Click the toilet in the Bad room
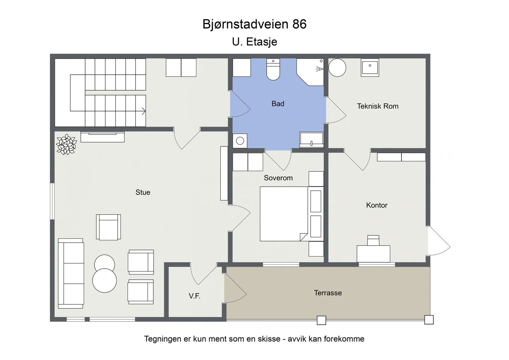(273, 69)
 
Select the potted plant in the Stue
(66, 144)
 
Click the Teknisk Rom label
(377, 106)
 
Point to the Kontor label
(377, 205)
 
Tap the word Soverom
(278, 178)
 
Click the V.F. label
(194, 296)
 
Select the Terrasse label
(328, 293)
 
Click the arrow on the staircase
(143, 111)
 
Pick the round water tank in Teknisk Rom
(337, 68)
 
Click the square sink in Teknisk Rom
(370, 67)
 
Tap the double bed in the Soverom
(292, 214)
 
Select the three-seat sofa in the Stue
(71, 273)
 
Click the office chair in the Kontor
(373, 240)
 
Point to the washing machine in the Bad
(240, 141)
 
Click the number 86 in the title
(299, 24)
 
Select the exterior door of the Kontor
(439, 241)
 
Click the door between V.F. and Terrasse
(235, 288)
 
